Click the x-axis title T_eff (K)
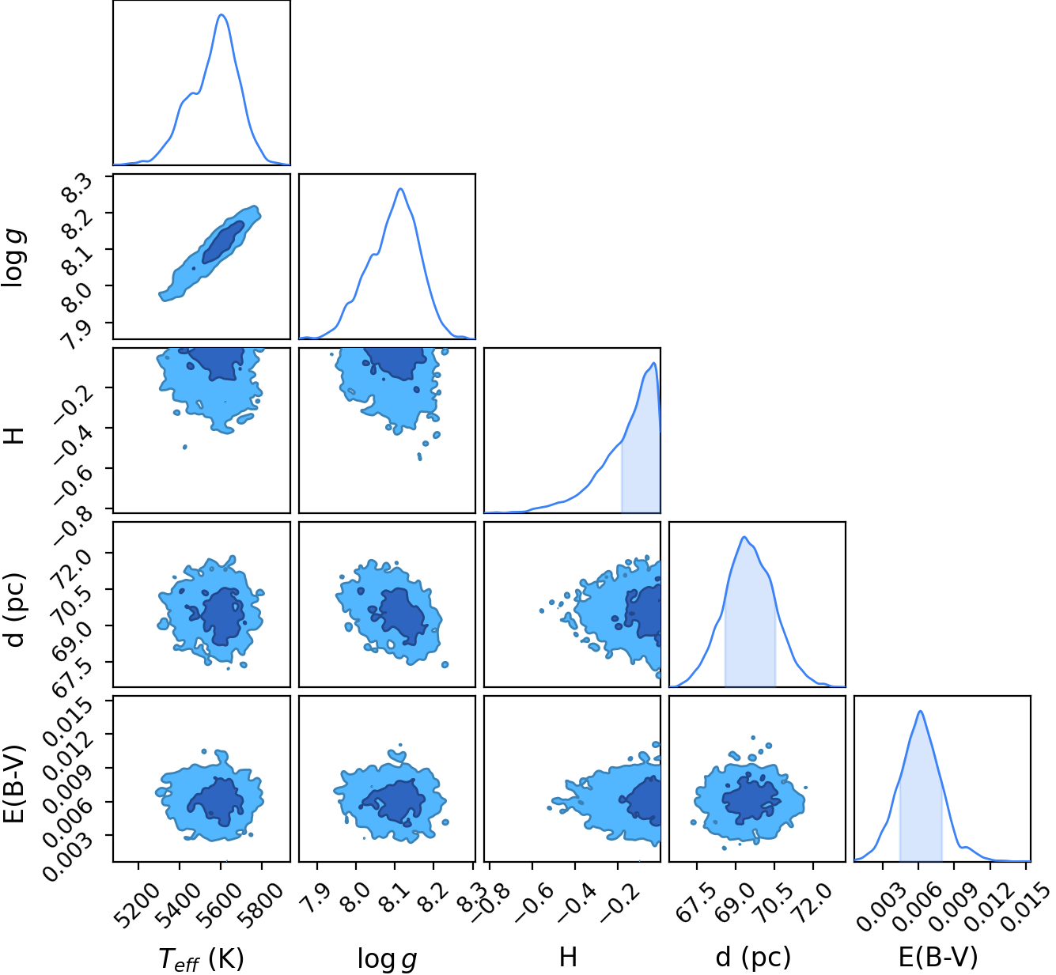[x=201, y=958]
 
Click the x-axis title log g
[x=387, y=959]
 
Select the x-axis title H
[x=568, y=957]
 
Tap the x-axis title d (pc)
[x=754, y=958]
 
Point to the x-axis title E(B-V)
[x=938, y=958]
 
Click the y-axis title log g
[x=13, y=258]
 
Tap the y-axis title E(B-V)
[x=13, y=784]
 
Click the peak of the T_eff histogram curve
[x=221, y=14]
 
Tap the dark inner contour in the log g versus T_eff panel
[x=223, y=242]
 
